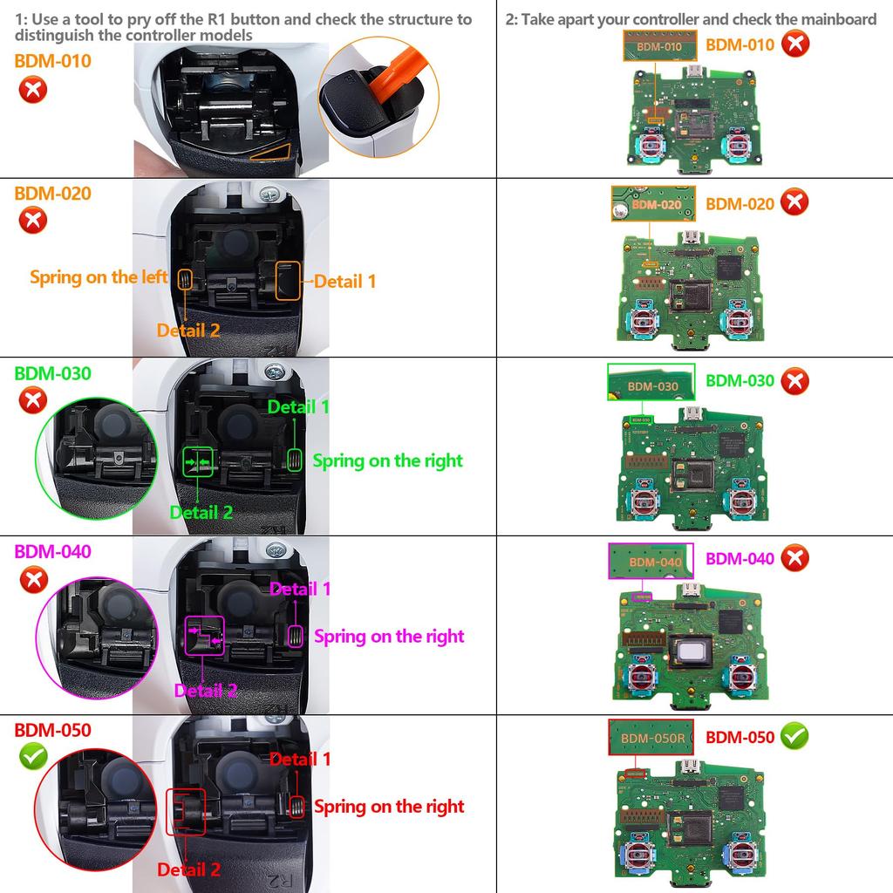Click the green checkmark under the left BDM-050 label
point(33,756)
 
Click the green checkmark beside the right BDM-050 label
point(794,736)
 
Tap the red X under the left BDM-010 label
point(33,90)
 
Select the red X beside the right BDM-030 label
point(794,381)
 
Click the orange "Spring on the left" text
point(99,277)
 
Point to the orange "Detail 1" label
point(345,281)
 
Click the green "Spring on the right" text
point(388,460)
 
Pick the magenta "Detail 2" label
point(206,691)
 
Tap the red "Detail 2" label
point(189,869)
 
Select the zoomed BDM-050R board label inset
point(651,738)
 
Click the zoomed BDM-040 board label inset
point(650,561)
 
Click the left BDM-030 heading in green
point(52,372)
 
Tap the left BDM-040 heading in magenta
point(52,551)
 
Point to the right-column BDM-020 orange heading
point(740,203)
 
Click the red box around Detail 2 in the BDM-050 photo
point(185,812)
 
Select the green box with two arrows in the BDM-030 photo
point(198,460)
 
